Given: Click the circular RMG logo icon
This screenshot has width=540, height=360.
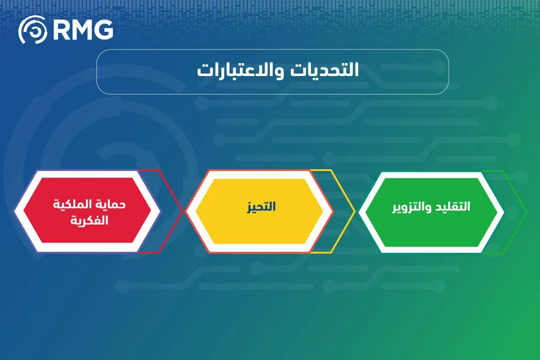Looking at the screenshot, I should click(x=32, y=30).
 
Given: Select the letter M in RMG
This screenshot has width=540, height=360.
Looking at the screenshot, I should click(x=82, y=30).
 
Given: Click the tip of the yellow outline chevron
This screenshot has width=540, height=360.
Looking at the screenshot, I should click(x=355, y=211).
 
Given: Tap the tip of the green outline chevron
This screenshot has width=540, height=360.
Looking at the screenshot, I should click(x=526, y=211).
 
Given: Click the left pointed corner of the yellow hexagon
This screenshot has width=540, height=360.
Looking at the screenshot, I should click(x=195, y=211).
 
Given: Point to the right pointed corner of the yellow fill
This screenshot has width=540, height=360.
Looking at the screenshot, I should click(x=323, y=211).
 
